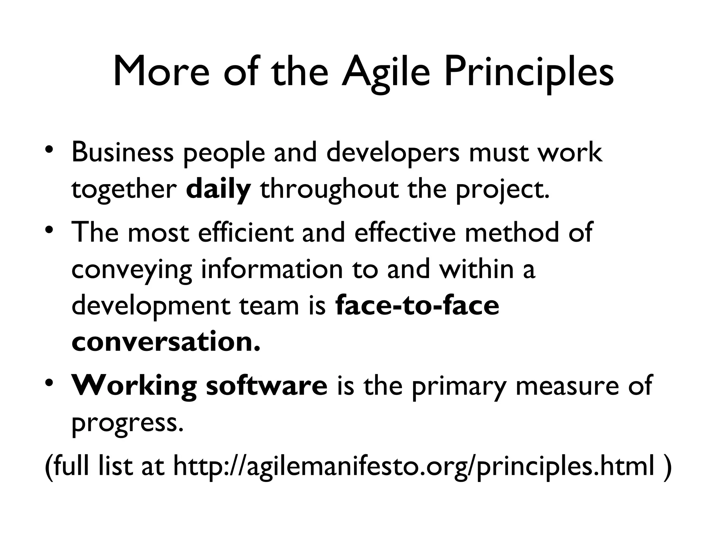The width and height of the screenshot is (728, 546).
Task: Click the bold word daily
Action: click(x=218, y=190)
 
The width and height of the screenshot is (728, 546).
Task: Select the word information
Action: click(x=272, y=269)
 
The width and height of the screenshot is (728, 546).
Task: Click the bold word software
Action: click(x=267, y=386)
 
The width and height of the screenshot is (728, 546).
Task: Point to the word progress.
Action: click(x=128, y=423)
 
